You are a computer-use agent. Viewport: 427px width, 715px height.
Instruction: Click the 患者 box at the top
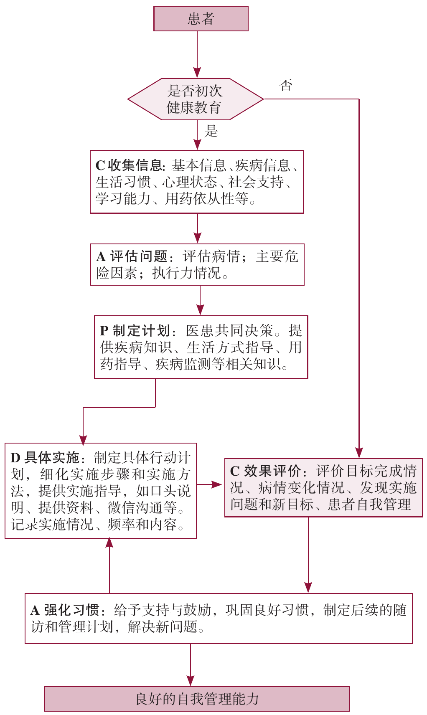(x=201, y=19)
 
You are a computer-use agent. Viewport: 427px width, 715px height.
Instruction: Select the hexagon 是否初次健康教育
(x=195, y=99)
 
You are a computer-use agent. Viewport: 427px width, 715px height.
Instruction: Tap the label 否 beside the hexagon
(x=286, y=86)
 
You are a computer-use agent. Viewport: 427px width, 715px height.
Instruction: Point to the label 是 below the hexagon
(x=211, y=132)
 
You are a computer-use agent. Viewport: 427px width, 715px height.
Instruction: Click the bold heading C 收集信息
(x=129, y=166)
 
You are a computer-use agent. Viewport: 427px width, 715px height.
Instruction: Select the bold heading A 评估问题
(x=132, y=256)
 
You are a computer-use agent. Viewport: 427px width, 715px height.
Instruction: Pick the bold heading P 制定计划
(x=135, y=331)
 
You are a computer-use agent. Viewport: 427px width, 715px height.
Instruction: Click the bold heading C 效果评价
(x=265, y=471)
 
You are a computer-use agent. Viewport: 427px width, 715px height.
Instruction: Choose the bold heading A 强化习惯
(x=65, y=610)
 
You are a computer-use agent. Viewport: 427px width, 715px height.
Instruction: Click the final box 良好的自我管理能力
(x=197, y=699)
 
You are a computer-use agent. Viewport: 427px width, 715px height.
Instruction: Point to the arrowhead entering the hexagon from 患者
(x=197, y=73)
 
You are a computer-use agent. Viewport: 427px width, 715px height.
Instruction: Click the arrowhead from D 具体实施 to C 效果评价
(x=217, y=484)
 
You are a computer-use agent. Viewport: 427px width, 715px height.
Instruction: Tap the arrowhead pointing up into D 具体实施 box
(x=109, y=543)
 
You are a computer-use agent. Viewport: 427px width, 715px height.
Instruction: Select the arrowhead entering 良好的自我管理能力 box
(x=191, y=681)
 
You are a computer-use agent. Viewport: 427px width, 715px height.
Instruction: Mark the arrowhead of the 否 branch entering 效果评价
(x=359, y=453)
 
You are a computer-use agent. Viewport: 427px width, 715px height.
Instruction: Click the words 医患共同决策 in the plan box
(x=229, y=331)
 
